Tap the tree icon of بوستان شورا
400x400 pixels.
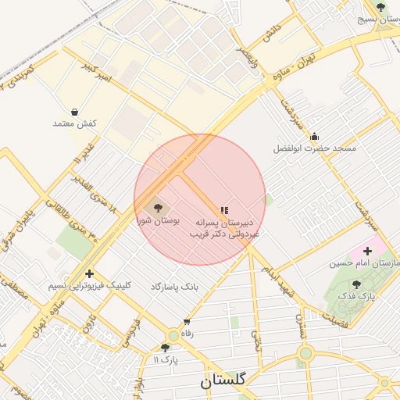[x=159, y=208]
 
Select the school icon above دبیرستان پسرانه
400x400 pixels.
[x=225, y=210]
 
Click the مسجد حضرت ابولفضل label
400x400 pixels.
[x=314, y=148]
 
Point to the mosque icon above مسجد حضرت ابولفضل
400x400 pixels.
[x=315, y=136]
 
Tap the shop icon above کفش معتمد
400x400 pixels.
[x=74, y=112]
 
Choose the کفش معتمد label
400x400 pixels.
[x=74, y=124]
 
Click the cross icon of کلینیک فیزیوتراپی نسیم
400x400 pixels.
[x=90, y=273]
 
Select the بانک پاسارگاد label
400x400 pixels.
[x=175, y=287]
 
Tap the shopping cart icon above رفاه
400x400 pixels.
[x=187, y=322]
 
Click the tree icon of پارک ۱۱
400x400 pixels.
[x=165, y=348]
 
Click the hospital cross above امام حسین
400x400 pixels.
[x=368, y=251]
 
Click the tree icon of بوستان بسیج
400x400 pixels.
[x=380, y=7]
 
